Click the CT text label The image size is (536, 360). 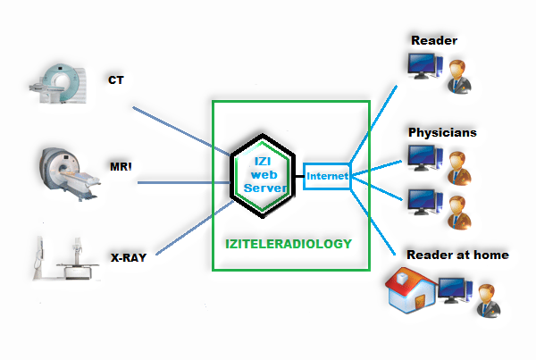coord(116,80)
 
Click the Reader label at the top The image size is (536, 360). coord(433,41)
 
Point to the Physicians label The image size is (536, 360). coord(442,132)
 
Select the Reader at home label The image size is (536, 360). coord(457,255)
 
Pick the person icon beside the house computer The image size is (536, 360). coord(486,298)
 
